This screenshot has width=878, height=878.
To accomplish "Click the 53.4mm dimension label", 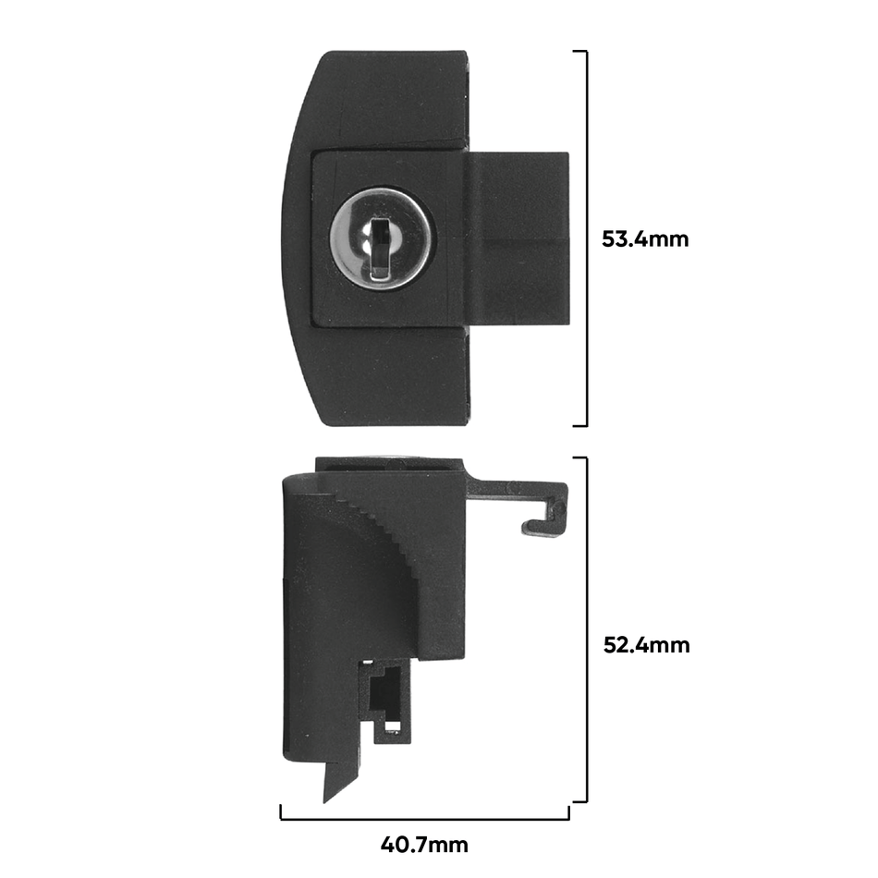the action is point(645,239).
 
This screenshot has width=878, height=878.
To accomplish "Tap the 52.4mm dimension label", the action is point(646,646).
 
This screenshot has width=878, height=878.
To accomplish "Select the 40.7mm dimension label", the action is point(424,845).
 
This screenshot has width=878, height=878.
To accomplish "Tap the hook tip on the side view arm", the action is point(527,527).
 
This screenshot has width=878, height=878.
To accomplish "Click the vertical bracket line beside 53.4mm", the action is point(586,238).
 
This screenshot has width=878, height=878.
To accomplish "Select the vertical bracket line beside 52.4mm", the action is point(586,630).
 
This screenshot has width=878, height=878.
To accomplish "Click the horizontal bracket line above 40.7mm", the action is point(424,819).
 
